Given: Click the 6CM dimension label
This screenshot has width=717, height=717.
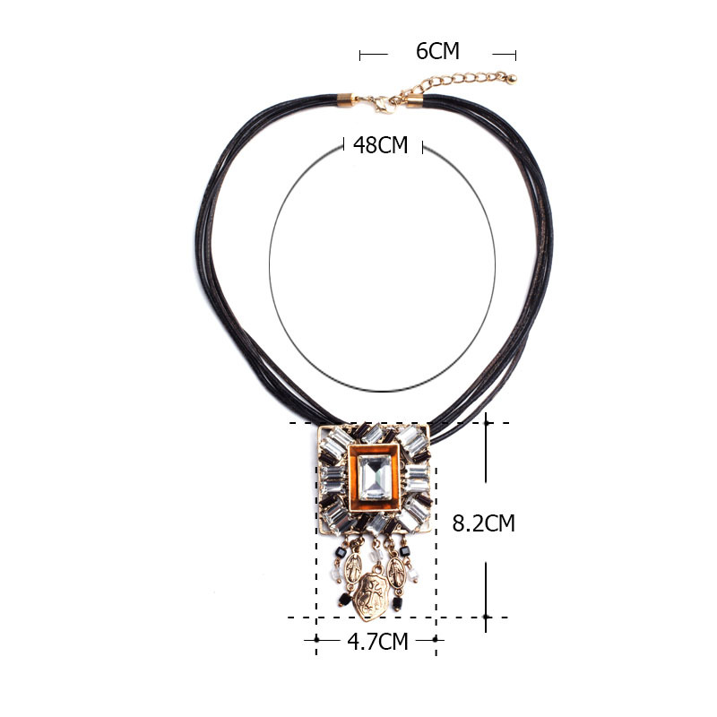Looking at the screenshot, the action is [x=437, y=51].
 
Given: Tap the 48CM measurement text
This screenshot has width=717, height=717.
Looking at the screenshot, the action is [x=380, y=145].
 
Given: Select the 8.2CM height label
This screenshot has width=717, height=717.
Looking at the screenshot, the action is [x=483, y=523].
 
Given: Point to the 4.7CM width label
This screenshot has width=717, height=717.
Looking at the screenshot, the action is [x=377, y=641].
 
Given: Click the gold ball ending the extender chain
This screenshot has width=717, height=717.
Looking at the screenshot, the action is [x=512, y=79].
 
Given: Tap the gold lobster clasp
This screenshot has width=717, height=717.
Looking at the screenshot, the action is [x=384, y=105].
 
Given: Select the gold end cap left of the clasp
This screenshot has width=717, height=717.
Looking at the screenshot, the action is [x=346, y=99].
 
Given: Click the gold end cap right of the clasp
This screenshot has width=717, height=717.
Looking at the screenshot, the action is [x=414, y=100].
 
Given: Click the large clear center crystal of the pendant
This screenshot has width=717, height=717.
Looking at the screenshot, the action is [x=375, y=478].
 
